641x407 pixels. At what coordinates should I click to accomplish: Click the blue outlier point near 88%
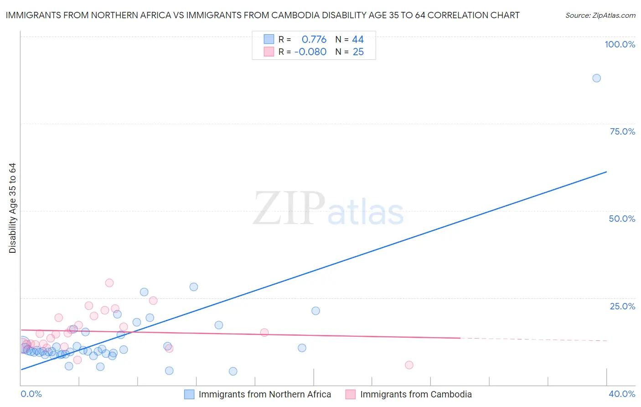(x=596, y=78)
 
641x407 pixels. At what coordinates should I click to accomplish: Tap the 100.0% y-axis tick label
(x=620, y=44)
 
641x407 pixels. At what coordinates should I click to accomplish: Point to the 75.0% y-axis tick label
(x=622, y=131)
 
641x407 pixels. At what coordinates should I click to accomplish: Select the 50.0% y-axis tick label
(x=622, y=219)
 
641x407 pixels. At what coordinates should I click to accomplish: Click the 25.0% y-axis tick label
(x=622, y=306)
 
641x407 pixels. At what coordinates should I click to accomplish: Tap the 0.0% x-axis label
(x=31, y=394)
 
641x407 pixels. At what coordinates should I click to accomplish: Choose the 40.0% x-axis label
(x=622, y=394)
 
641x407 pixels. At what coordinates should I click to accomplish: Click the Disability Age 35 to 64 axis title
(x=12, y=208)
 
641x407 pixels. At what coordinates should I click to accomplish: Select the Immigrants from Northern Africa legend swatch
(x=189, y=394)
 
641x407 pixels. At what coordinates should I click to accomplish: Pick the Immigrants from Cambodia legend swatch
(x=350, y=394)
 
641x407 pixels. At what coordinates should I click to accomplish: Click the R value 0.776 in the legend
(x=314, y=40)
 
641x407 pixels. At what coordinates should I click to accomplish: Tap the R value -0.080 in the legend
(x=310, y=52)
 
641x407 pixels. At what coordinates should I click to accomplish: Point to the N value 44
(x=358, y=40)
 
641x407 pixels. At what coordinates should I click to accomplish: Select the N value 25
(x=358, y=52)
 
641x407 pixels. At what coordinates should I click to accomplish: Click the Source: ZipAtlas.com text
(x=600, y=16)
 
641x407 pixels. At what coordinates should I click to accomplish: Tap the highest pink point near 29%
(x=109, y=283)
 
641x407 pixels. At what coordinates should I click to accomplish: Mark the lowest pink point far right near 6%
(x=409, y=365)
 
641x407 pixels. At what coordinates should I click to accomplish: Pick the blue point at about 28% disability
(x=194, y=287)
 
